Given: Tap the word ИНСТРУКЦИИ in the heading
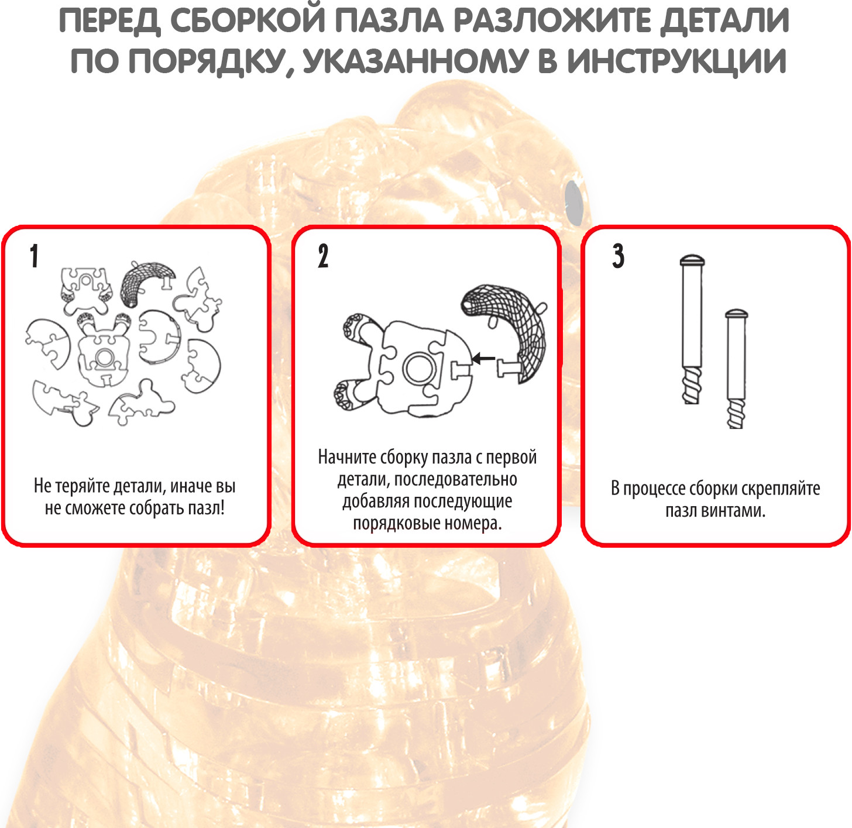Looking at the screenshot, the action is tap(677, 62).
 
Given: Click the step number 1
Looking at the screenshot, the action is tap(34, 256).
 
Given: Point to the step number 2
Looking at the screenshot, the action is tap(322, 256).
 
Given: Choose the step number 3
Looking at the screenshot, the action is tap(618, 256).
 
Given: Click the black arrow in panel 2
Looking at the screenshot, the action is tap(483, 359).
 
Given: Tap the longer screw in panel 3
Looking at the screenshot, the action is tap(692, 329).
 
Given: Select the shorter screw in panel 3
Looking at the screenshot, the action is tap(736, 369).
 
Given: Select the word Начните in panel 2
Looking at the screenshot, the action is tap(347, 457).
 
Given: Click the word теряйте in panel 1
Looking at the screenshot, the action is tap(81, 486).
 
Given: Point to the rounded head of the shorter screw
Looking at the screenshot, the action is tap(736, 314).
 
